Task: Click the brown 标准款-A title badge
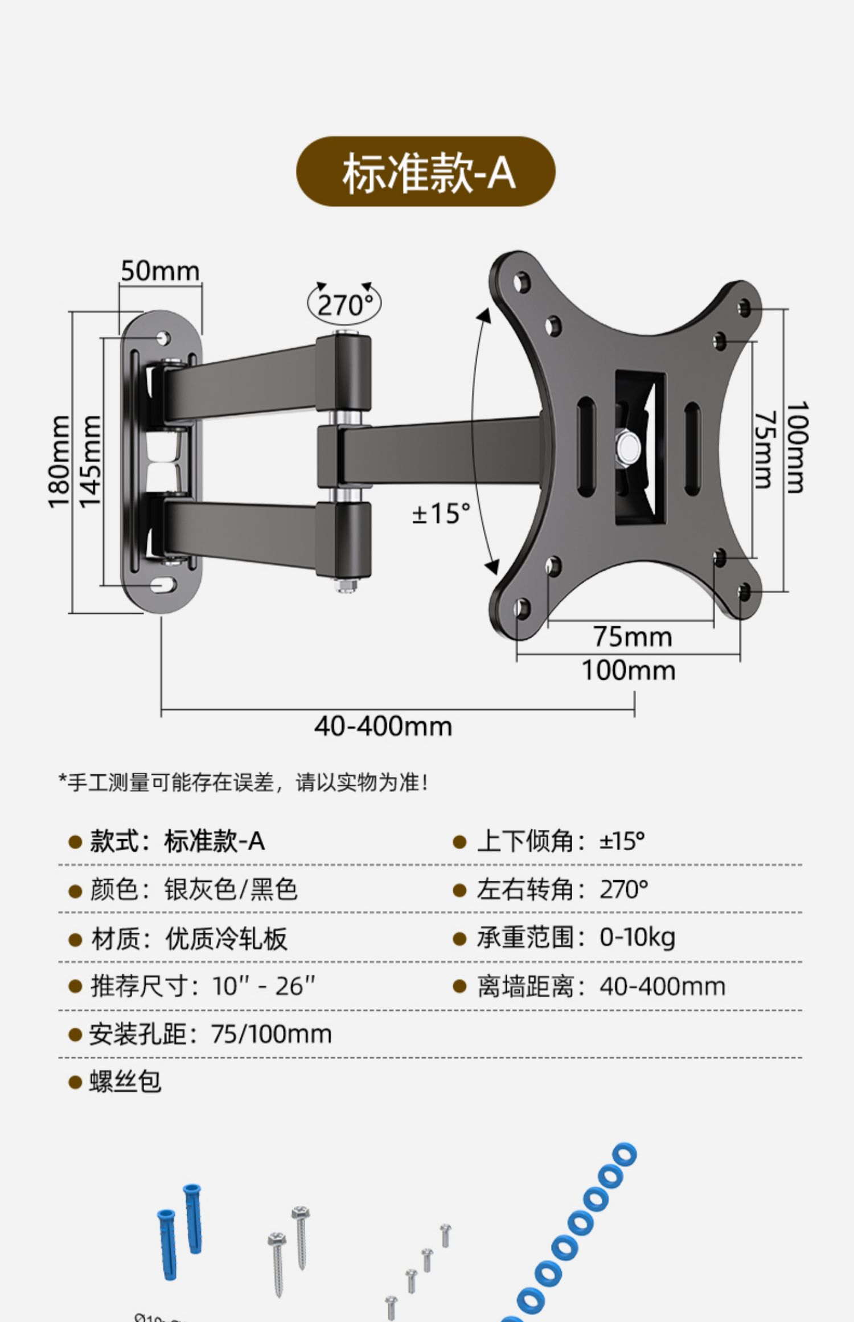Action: pos(426,171)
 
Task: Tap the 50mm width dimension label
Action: pos(160,271)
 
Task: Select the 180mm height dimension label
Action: pos(59,462)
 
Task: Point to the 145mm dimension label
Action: pos(90,462)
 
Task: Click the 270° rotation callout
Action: pos(344,305)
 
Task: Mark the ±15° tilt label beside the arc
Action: pos(441,514)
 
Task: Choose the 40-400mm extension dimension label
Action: pos(383,726)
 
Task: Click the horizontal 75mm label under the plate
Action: pos(633,637)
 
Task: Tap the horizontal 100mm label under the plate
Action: pos(629,670)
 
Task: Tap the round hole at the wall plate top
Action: pos(163,338)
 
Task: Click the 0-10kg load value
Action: pos(637,937)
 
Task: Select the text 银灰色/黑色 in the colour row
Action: pos(231,889)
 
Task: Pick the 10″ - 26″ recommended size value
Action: pos(264,986)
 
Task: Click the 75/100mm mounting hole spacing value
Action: pos(271,1034)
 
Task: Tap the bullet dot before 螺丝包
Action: pos(75,1082)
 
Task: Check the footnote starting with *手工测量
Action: pos(244,783)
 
